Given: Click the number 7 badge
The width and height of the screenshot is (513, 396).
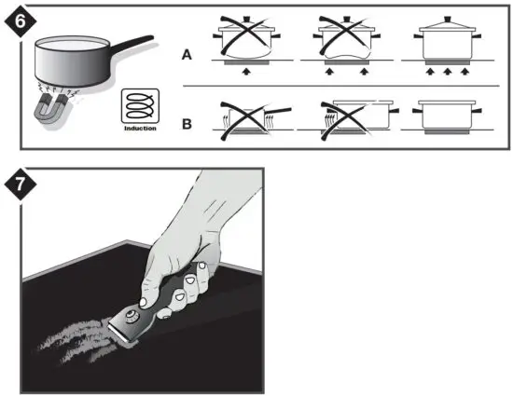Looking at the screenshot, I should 19,186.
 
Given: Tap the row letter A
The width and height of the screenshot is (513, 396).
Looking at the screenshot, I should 187,55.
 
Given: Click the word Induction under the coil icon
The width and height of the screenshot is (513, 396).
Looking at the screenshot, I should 139,129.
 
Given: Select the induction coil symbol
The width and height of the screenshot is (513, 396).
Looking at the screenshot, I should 139,107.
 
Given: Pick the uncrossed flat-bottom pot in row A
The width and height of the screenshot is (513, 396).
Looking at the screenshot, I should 444,43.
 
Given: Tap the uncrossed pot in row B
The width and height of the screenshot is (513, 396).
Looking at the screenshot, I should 444,116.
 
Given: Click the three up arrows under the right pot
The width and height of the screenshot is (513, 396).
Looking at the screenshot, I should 445,71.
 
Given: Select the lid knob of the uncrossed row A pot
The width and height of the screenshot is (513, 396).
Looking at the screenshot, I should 444,17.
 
